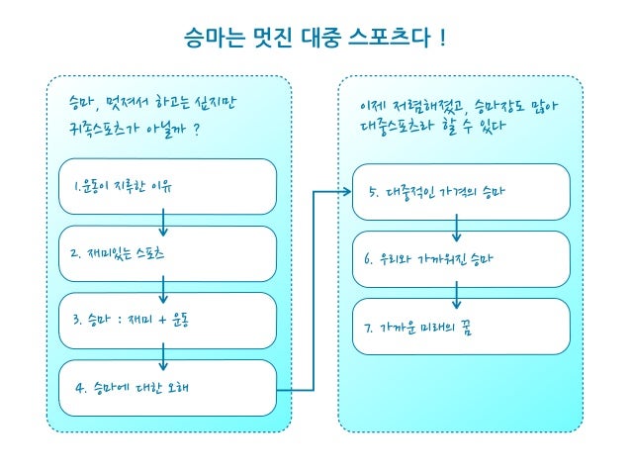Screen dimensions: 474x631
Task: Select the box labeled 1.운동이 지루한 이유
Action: point(163,186)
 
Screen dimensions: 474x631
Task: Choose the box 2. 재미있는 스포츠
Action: point(163,253)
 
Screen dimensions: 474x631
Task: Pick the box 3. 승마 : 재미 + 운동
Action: point(163,320)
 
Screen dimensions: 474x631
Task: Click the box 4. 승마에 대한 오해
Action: point(163,387)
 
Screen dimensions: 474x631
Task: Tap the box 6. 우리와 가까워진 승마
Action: point(456,259)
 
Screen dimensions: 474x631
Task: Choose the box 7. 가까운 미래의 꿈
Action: point(456,327)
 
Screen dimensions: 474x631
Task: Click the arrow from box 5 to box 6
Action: point(456,231)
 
